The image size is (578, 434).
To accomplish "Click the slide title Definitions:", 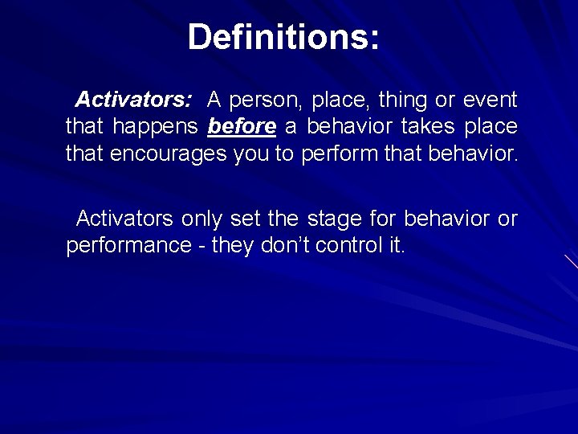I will tap(283, 37).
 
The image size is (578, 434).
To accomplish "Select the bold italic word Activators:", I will tap(133, 100).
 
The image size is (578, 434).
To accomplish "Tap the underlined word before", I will tap(242, 127).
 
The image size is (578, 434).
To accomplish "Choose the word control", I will tap(350, 245).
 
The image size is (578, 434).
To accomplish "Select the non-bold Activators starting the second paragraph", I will tap(125, 219).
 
